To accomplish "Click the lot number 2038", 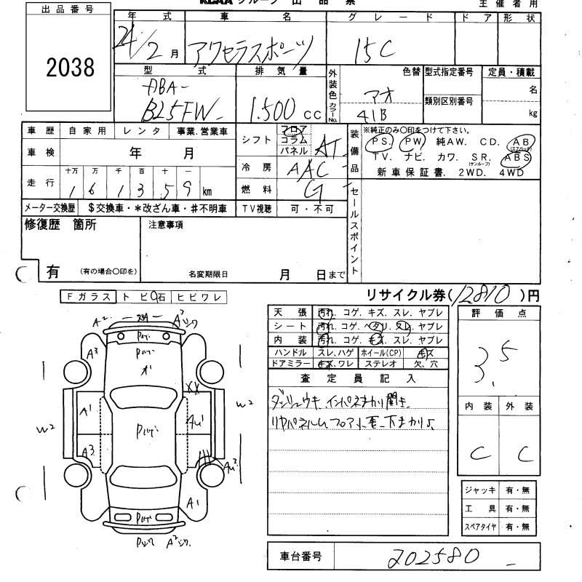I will coord(70,68).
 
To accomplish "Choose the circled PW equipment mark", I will coord(413,140).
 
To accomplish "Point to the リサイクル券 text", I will coord(407,295).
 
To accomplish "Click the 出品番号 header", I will coord(69,9).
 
